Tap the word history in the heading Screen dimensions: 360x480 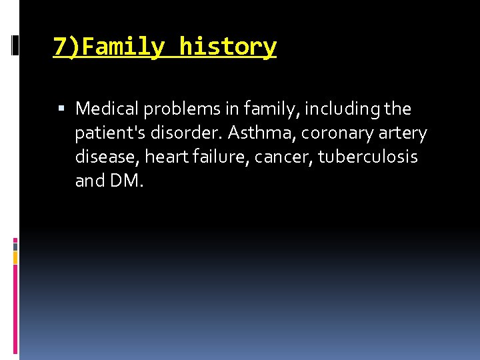[x=228, y=47]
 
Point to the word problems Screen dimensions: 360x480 [x=173, y=109]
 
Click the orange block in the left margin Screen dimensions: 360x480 [x=15, y=256]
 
